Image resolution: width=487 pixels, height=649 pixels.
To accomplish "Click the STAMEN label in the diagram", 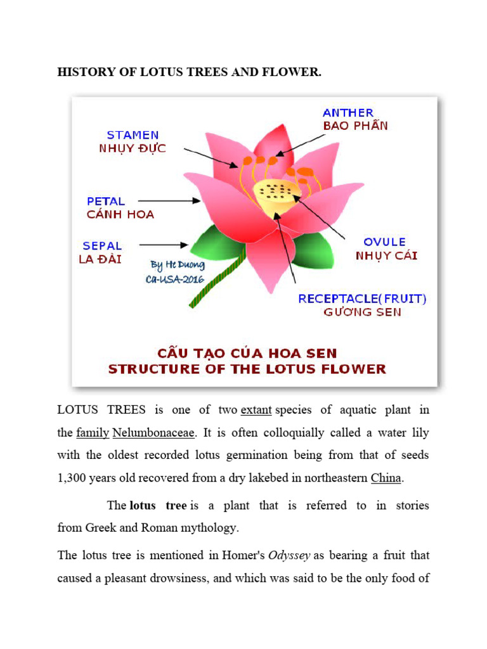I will tap(133, 135).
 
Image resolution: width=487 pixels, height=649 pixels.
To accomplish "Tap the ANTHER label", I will tap(348, 113).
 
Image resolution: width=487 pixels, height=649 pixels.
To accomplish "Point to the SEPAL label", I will tap(102, 246).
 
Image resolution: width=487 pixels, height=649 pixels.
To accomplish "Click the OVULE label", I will tap(384, 242).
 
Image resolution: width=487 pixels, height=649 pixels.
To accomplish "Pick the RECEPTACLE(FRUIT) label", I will tap(362, 299).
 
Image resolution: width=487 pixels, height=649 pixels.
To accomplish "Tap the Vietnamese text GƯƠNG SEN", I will tap(362, 312).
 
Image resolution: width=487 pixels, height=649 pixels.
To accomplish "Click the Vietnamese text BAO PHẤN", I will tap(355, 125).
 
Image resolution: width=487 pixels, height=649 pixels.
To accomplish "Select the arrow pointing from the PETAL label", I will tap(178, 201).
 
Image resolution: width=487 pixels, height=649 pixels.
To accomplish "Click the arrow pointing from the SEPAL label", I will tap(163, 245).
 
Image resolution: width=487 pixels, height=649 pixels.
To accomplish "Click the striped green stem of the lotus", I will tap(218, 279).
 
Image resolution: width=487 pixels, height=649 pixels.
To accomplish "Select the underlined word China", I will tap(386, 478).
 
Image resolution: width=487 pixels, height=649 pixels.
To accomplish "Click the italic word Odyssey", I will tap(289, 555).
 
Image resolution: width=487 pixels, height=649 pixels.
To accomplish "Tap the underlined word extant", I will tap(256, 410).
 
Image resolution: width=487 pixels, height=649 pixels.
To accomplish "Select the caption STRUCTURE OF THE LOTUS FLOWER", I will tap(247, 369).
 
